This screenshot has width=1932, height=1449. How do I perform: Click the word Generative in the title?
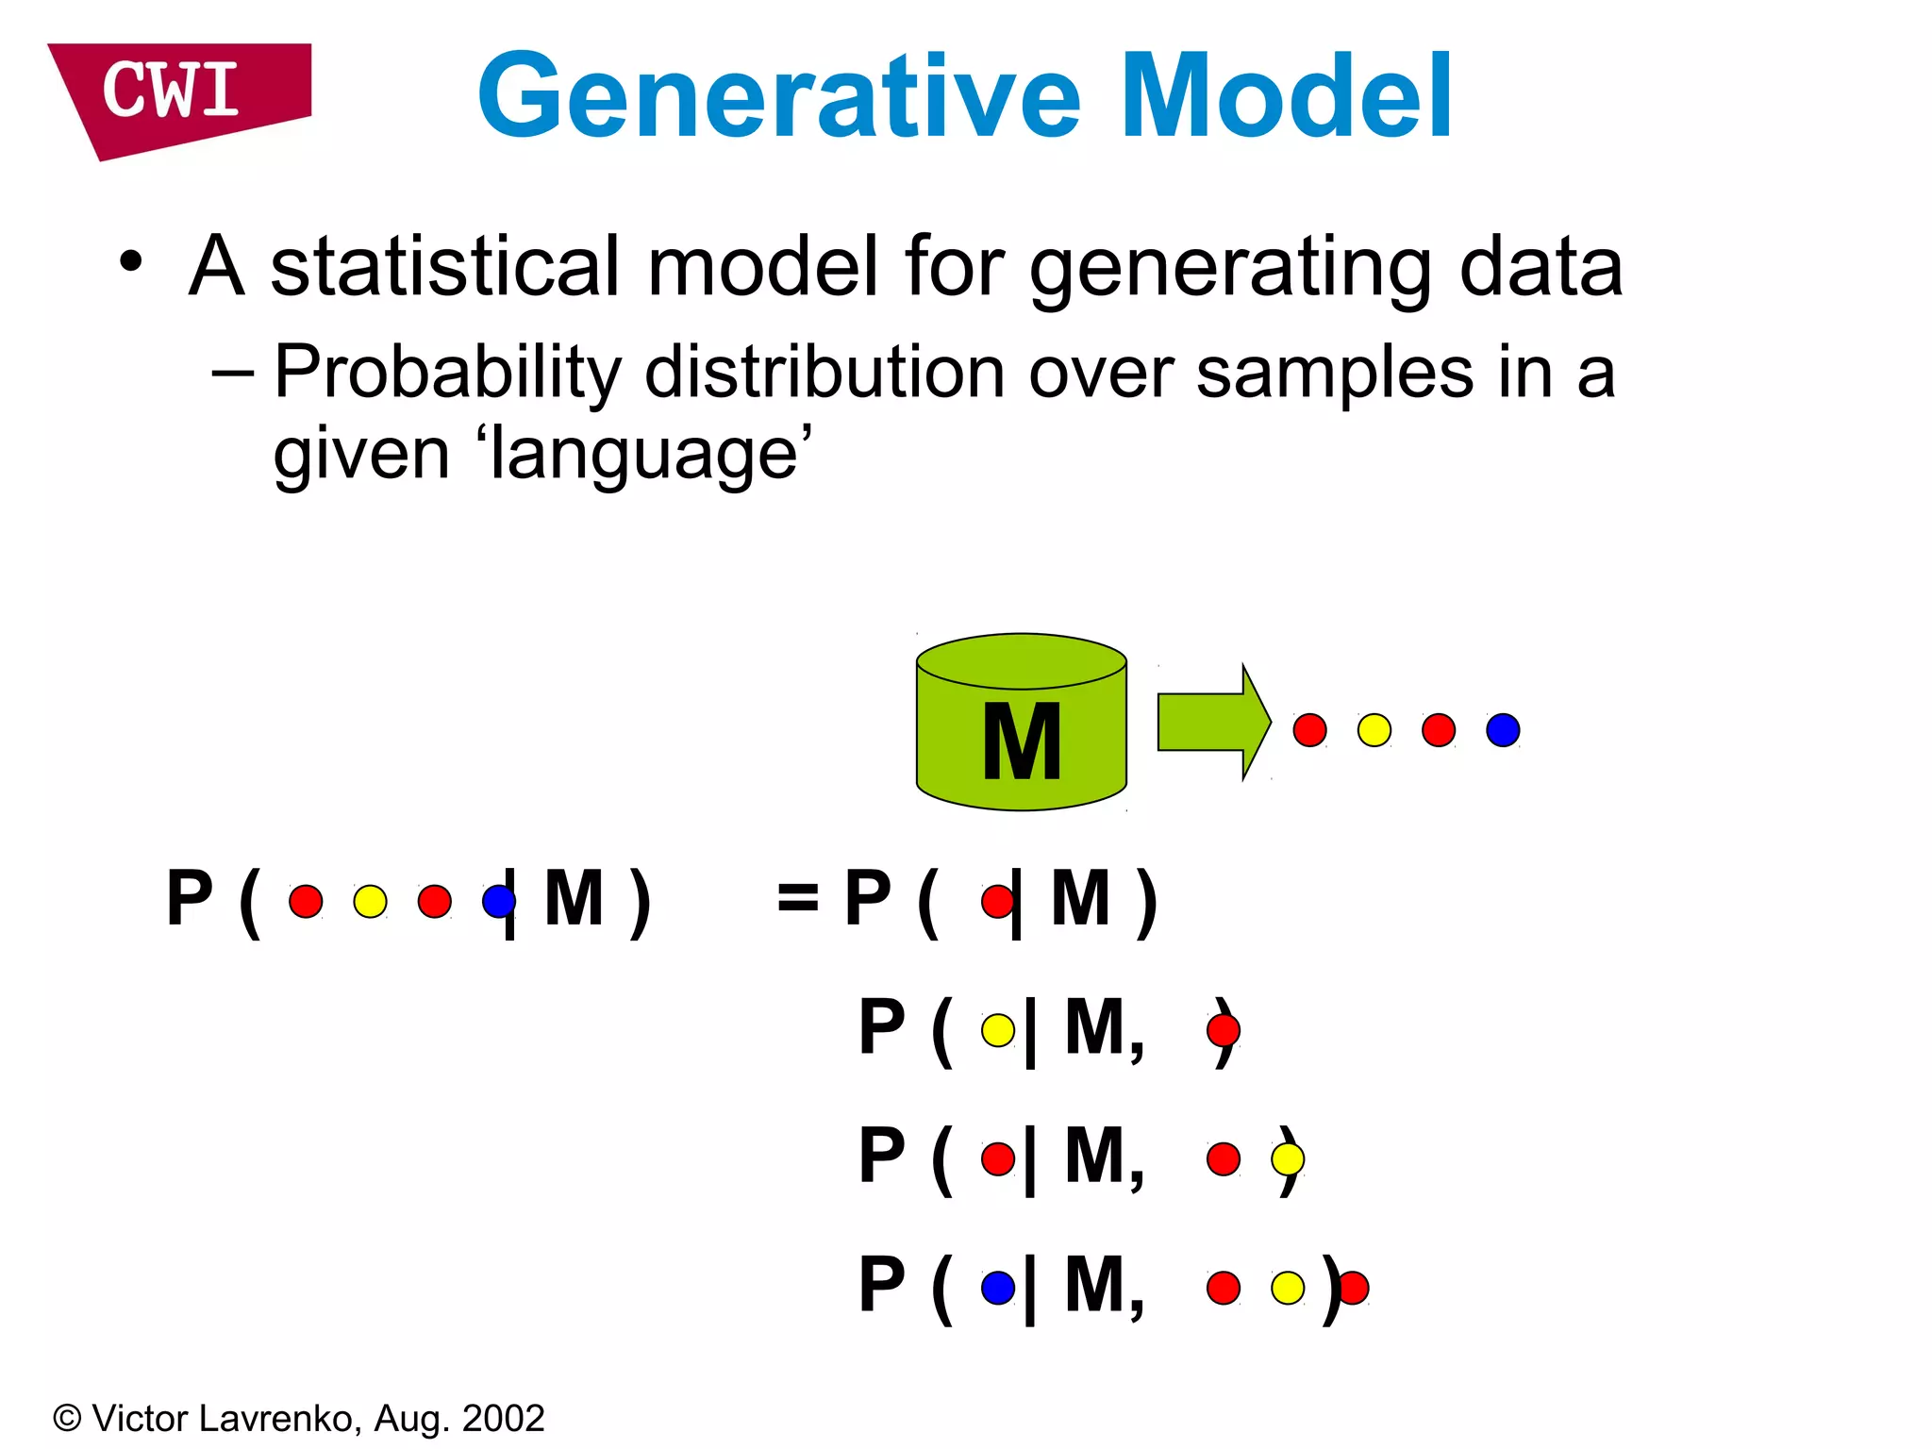point(778,97)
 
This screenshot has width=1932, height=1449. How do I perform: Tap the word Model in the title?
point(1287,97)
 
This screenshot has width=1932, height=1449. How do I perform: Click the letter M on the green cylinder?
point(1022,742)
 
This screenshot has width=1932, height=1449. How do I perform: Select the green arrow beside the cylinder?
point(1213,722)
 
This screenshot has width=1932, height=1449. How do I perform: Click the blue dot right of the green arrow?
point(1502,730)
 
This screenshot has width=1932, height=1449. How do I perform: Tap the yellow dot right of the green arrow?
point(1374,730)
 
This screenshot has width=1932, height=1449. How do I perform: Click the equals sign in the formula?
point(797,898)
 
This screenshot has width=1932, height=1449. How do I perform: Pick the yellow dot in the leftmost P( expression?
point(370,901)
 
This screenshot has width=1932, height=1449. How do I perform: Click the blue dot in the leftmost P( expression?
point(497,901)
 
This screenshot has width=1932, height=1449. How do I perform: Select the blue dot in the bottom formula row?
point(997,1288)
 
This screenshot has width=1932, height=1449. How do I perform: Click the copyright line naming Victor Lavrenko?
point(298,1419)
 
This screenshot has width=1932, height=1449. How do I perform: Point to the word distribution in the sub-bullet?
point(824,374)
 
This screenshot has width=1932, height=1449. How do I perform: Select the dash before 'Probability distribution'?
point(232,374)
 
